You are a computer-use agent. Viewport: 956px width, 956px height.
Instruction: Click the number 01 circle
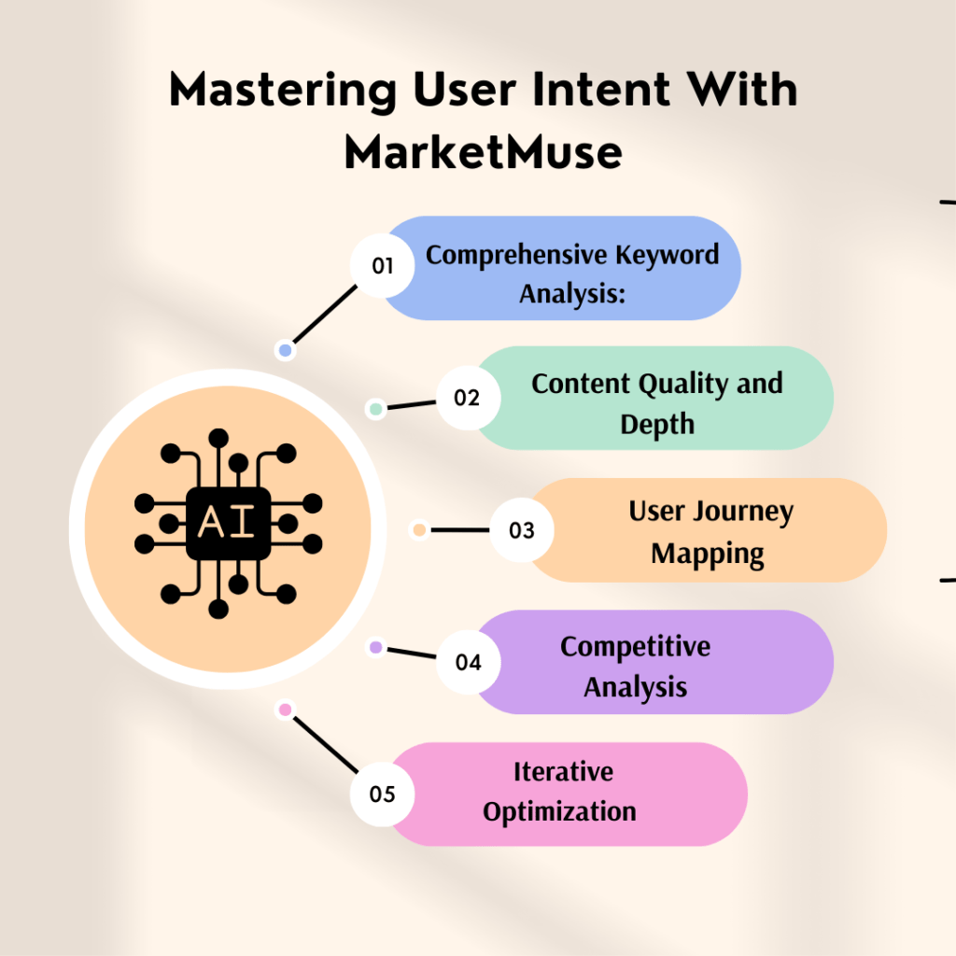click(x=382, y=266)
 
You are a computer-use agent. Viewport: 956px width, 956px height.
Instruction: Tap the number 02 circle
click(x=468, y=399)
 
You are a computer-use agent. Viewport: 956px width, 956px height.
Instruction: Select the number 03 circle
click(x=521, y=531)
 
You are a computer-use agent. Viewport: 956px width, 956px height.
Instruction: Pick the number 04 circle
click(x=468, y=663)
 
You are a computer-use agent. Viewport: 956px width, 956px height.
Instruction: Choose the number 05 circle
click(x=382, y=794)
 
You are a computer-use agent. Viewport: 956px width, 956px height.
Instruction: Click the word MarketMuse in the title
click(x=483, y=152)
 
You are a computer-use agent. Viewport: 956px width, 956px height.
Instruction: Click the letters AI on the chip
click(x=228, y=523)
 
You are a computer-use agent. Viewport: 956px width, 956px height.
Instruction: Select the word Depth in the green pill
click(x=657, y=424)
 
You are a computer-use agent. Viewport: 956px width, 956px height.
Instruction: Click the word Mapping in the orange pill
click(x=708, y=554)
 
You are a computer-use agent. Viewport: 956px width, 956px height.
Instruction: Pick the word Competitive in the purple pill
click(x=635, y=646)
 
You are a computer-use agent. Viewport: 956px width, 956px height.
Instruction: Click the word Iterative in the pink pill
click(x=563, y=772)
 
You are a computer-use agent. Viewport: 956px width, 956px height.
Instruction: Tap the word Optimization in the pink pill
click(x=559, y=811)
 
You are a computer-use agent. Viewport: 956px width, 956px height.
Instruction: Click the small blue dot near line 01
click(x=286, y=351)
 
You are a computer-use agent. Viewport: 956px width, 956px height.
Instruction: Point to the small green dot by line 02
click(x=375, y=409)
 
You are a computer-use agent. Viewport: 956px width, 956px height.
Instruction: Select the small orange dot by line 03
click(x=419, y=530)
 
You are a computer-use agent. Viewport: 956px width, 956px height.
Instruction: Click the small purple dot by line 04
click(x=375, y=647)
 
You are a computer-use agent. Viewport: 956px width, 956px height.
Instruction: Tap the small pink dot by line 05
click(x=286, y=710)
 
